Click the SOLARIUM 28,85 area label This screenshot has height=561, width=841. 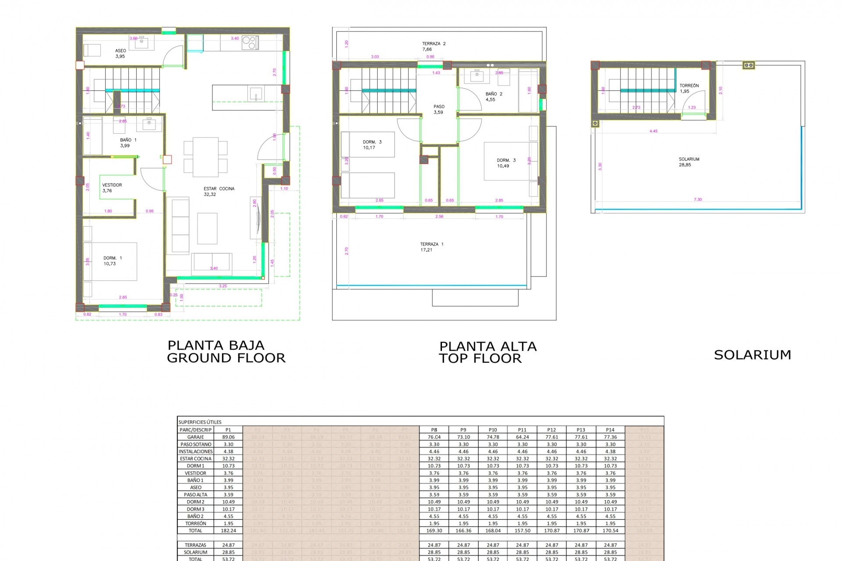point(689,162)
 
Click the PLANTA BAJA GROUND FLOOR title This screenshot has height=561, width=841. point(226,352)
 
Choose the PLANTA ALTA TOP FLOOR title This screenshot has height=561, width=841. point(488,352)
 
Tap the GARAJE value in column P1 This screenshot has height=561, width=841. point(228,437)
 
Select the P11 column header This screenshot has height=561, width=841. point(522,430)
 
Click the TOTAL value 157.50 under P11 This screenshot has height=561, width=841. point(522,530)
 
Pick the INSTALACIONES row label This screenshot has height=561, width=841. point(195,451)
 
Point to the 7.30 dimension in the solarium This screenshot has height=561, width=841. point(698,199)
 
